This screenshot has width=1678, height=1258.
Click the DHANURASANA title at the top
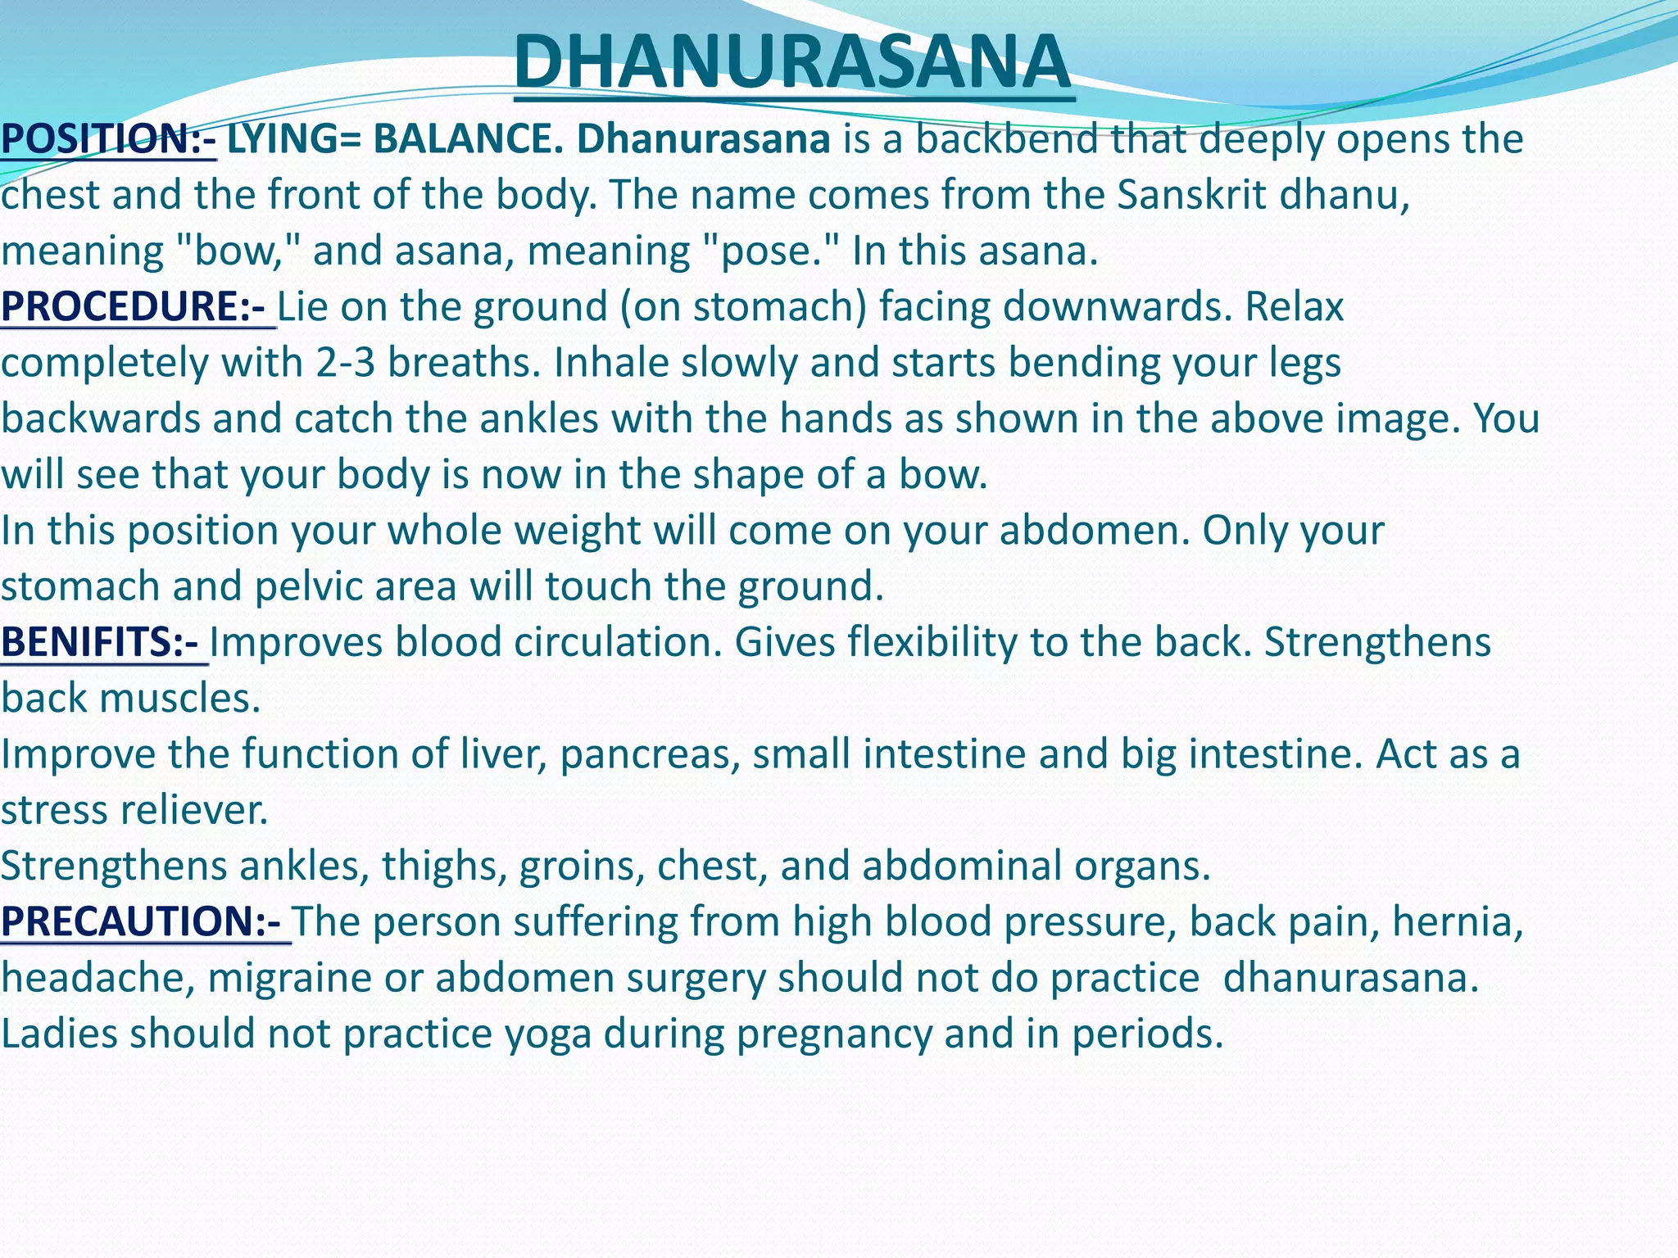[793, 62]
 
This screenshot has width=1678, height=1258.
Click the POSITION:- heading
[107, 138]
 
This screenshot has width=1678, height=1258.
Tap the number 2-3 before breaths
[345, 362]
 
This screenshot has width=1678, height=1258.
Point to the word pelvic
[304, 586]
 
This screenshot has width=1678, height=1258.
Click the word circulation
[618, 641]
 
